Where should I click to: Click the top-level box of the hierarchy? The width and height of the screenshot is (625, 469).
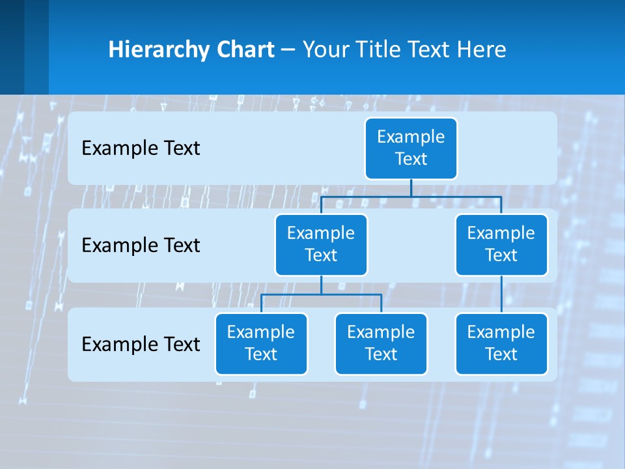click(411, 149)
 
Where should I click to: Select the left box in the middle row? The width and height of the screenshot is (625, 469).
click(321, 245)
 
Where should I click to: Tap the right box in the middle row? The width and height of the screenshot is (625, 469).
click(501, 245)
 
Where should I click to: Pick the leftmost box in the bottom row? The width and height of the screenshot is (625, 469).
click(261, 344)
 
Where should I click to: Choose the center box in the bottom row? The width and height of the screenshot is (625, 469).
click(381, 344)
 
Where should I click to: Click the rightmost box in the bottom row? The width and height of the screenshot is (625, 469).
click(501, 344)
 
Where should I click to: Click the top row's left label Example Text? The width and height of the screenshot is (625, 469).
click(141, 149)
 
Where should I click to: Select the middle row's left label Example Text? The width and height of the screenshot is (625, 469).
click(141, 246)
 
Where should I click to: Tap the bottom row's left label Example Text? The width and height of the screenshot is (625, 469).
click(141, 345)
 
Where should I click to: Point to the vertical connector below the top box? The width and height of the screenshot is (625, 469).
click(411, 188)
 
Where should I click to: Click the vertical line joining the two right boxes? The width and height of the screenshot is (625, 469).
click(501, 294)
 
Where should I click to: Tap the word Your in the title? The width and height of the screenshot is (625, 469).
click(326, 50)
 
